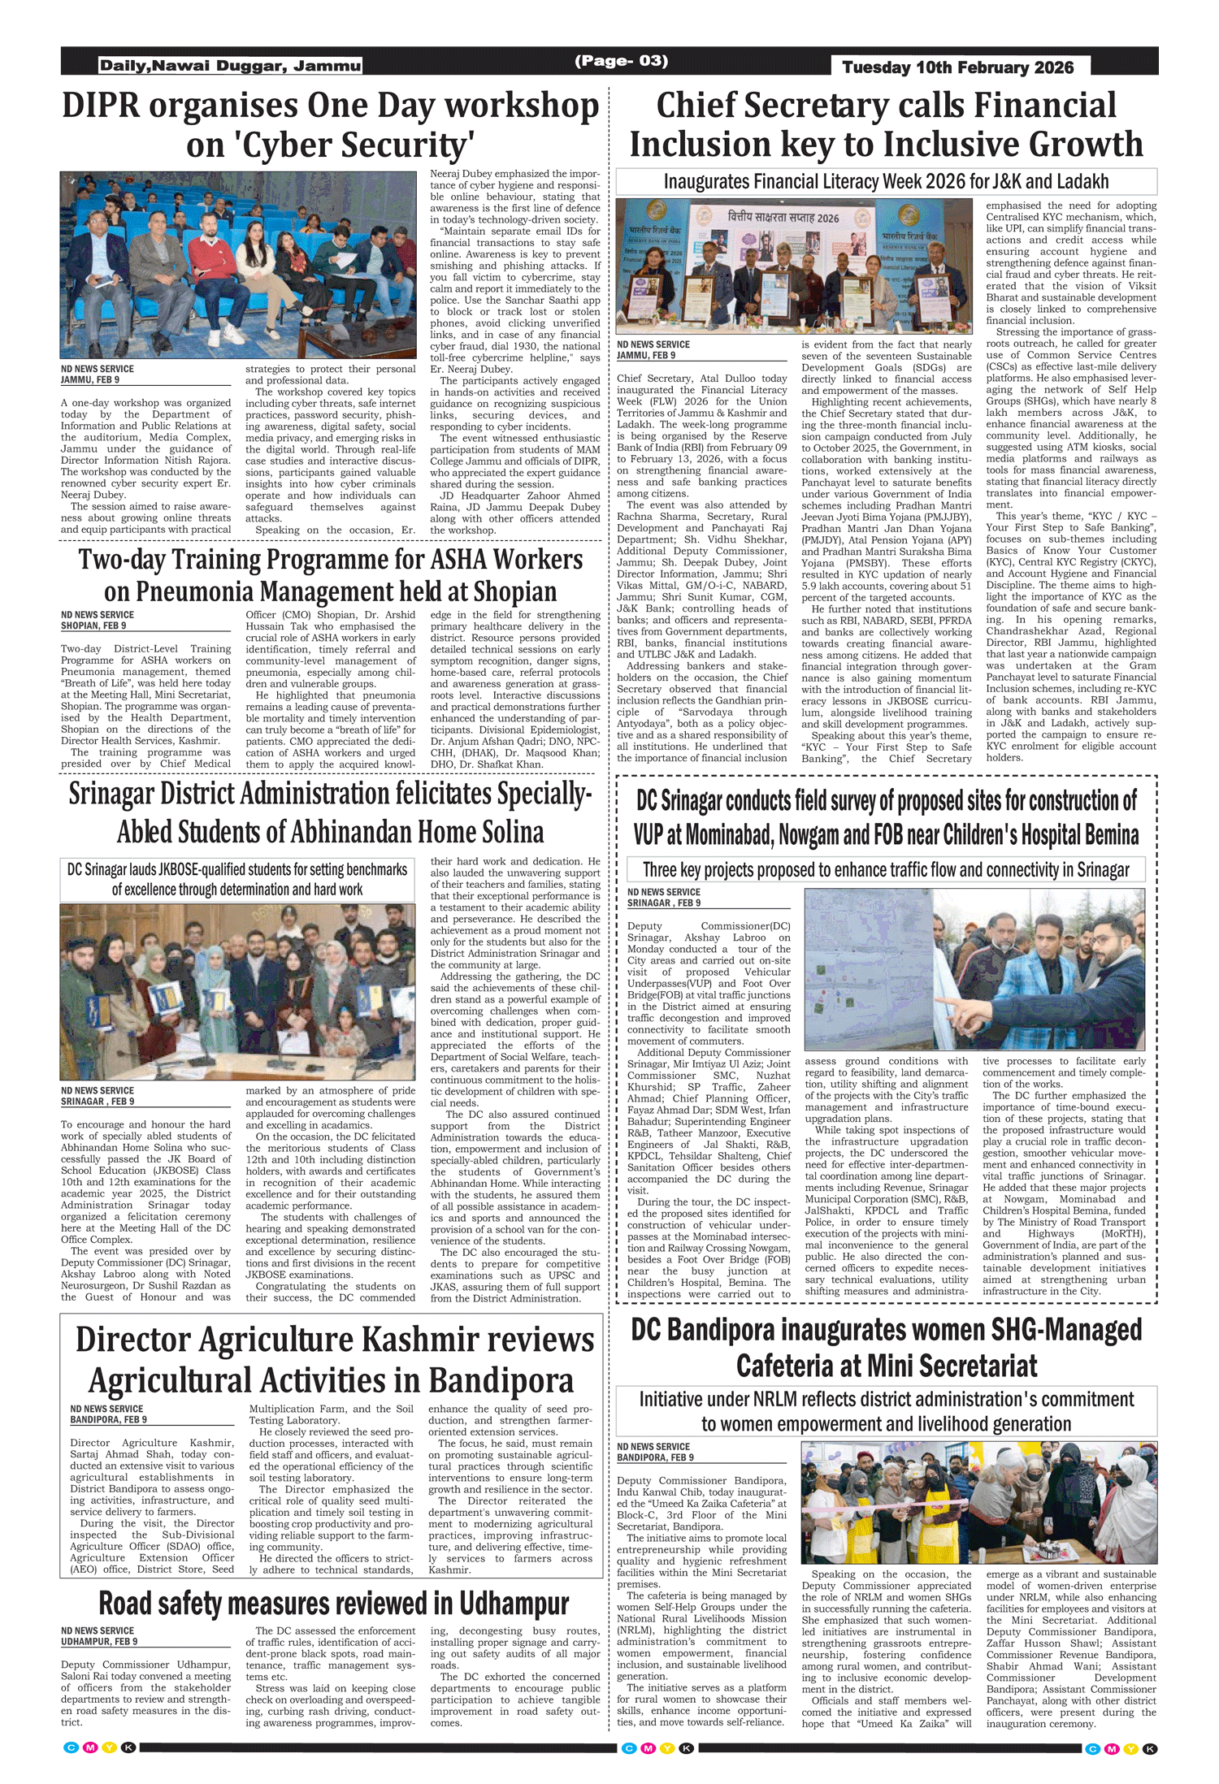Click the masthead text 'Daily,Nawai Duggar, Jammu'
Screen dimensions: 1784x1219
point(230,66)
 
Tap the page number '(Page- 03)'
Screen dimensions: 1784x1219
point(621,61)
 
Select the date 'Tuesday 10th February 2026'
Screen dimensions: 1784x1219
point(957,67)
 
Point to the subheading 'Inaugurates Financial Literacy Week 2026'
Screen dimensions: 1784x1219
point(886,181)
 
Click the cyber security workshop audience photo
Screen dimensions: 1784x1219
point(238,265)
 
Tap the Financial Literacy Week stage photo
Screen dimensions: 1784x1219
point(794,266)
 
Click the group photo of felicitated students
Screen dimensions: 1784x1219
point(238,991)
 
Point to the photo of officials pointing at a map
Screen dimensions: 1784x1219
point(974,969)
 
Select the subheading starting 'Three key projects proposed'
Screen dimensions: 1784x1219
point(886,870)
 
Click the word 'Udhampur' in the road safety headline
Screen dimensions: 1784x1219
point(513,1604)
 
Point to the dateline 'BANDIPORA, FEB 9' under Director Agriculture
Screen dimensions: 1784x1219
point(108,1419)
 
